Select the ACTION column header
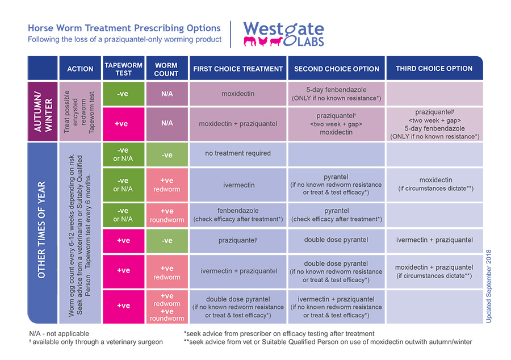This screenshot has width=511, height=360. [x=80, y=69]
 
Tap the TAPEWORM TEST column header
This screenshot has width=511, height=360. [x=123, y=69]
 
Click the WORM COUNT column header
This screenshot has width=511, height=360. [x=166, y=69]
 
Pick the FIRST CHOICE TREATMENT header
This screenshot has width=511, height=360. [x=238, y=69]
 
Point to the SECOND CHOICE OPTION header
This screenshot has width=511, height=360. [x=337, y=69]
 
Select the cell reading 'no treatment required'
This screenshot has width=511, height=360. [x=238, y=153]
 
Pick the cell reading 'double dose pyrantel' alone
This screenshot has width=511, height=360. [x=337, y=240]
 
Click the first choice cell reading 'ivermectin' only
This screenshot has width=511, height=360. [x=238, y=185]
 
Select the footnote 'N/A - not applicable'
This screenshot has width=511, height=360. [x=59, y=334]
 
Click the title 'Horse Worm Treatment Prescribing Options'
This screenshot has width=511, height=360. [x=124, y=28]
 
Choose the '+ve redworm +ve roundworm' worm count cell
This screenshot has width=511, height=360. [x=166, y=307]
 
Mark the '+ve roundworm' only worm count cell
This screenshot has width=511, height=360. [x=166, y=215]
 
